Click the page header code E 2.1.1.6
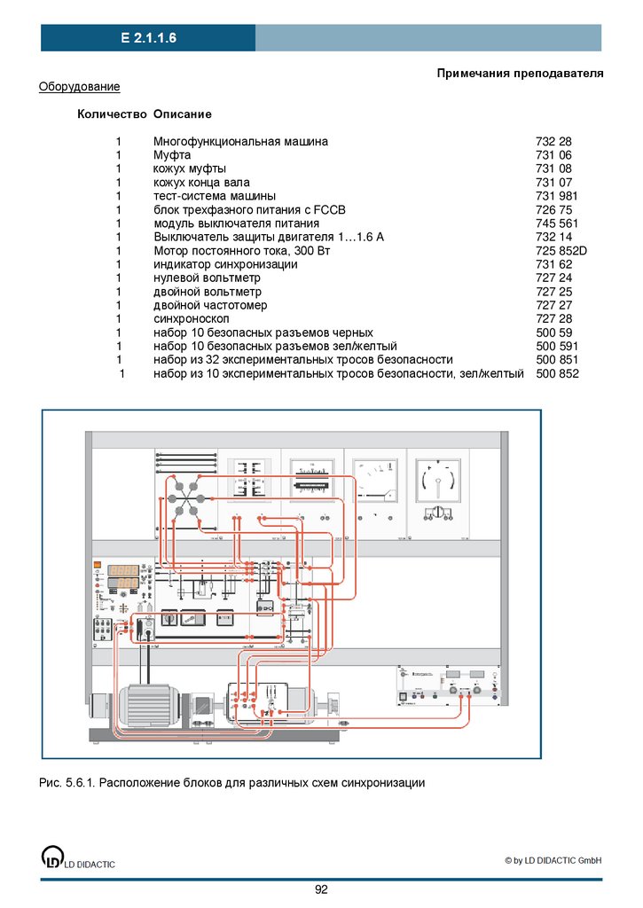click(x=148, y=38)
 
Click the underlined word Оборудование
click(x=79, y=86)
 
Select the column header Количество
click(x=112, y=114)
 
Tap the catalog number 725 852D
click(x=561, y=251)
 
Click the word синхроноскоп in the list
click(x=191, y=318)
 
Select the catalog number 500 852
click(x=557, y=374)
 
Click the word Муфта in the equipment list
click(x=172, y=155)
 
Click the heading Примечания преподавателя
click(x=520, y=73)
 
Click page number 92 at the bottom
click(x=321, y=889)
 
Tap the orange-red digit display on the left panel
click(x=122, y=575)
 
